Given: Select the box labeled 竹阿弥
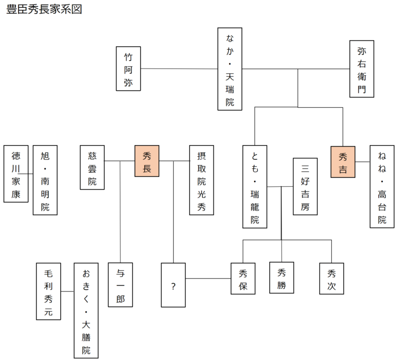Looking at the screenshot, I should (128, 69).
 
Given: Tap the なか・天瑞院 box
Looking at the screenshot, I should (230, 69).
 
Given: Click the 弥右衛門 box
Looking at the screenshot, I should (362, 69).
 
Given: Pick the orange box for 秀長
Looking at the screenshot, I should (147, 161).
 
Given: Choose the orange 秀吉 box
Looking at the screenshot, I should (343, 162).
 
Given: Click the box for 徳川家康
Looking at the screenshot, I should (16, 174).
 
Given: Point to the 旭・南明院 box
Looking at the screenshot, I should (45, 180).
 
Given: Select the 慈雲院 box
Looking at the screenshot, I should (93, 167).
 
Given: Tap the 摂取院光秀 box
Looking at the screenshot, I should (201, 180).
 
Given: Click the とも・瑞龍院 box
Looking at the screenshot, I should (255, 187).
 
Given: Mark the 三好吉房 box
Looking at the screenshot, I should (305, 186).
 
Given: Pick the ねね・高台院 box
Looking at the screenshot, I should (382, 187).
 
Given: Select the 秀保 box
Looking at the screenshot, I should (243, 279).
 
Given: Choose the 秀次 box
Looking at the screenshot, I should (332, 278).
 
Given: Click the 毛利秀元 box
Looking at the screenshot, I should (49, 291).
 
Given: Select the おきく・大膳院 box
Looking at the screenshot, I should (86, 310).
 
